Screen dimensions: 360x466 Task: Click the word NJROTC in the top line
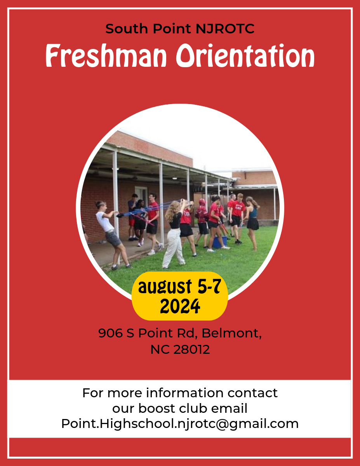(225, 28)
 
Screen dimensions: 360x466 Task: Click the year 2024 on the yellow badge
(180, 306)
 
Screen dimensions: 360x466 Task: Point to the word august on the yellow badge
(165, 287)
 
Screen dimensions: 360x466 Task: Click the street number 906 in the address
(110, 333)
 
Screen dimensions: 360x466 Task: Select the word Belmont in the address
(231, 334)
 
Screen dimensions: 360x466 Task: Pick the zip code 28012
(191, 349)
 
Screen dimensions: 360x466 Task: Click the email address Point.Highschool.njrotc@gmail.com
(180, 424)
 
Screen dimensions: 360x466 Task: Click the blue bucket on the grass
(219, 242)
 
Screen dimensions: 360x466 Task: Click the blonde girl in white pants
(174, 234)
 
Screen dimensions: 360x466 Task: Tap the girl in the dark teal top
(252, 223)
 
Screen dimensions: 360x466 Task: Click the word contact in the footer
(252, 393)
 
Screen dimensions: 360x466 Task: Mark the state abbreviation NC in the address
(160, 349)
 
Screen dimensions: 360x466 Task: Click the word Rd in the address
(187, 334)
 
